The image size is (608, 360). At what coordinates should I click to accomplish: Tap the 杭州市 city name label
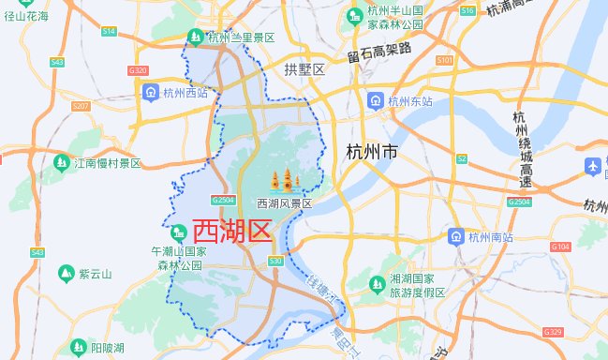372,152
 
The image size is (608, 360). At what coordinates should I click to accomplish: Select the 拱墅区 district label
304,70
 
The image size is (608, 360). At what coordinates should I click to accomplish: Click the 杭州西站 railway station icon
150,92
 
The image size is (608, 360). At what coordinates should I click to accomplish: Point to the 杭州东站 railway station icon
375,100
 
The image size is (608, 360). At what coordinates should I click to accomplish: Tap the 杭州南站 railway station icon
456,236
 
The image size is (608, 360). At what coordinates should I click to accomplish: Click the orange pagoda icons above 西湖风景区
284,180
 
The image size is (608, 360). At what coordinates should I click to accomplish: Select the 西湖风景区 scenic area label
284,202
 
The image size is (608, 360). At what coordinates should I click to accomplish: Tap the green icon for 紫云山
66,274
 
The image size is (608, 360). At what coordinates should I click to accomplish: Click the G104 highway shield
560,247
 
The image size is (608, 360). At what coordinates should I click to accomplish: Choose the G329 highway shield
553,332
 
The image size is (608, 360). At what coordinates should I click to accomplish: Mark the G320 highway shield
138,70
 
